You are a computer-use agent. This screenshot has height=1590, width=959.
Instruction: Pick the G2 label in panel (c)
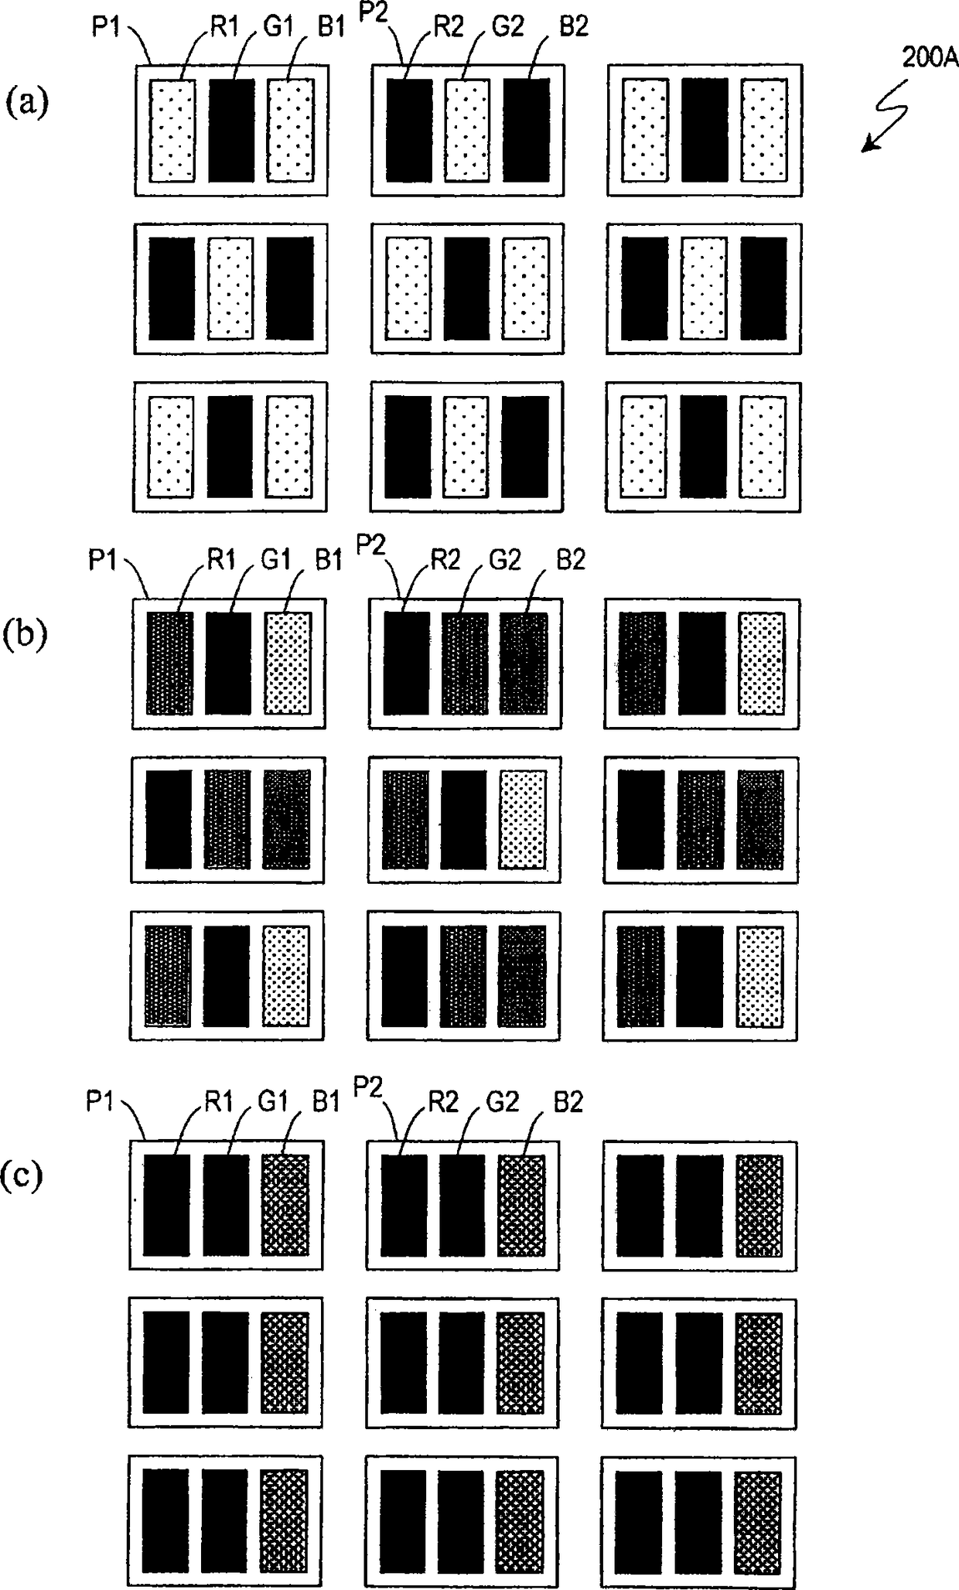[x=503, y=1101]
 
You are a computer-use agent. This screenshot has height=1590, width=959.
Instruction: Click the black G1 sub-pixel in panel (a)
[x=231, y=130]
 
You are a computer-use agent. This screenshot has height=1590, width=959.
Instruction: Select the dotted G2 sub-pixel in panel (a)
[x=467, y=130]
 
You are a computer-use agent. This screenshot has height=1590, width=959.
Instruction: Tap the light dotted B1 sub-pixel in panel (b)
[x=287, y=663]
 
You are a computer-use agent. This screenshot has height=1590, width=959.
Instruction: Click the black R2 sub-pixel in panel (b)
[x=406, y=663]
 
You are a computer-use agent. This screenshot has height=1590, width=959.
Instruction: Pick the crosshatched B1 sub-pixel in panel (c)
[x=285, y=1206]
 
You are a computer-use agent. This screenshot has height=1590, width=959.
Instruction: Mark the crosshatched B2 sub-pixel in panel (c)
[x=521, y=1206]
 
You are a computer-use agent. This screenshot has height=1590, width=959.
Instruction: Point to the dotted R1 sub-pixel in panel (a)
[x=172, y=130]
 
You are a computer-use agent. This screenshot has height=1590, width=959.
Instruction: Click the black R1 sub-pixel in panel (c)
[x=166, y=1206]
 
